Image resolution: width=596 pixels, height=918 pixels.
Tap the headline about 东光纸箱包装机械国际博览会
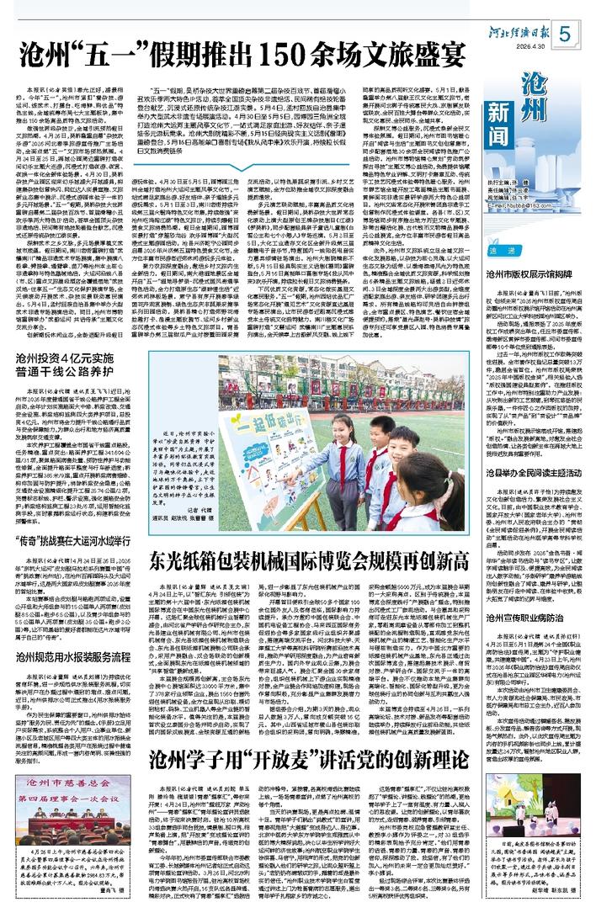point(300,557)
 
